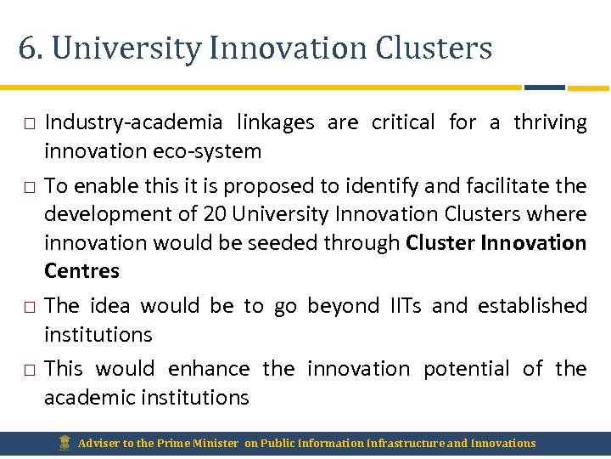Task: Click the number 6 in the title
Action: pyautogui.click(x=25, y=48)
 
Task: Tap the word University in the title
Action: pyautogui.click(x=126, y=48)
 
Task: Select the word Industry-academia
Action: pyautogui.click(x=133, y=122)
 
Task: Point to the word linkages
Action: pyautogui.click(x=276, y=122)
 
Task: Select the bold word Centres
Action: pyautogui.click(x=81, y=271)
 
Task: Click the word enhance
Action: pyautogui.click(x=209, y=369)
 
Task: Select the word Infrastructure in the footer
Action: pyautogui.click(x=407, y=443)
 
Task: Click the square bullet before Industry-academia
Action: pyautogui.click(x=29, y=124)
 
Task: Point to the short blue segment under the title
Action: pyautogui.click(x=544, y=87)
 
